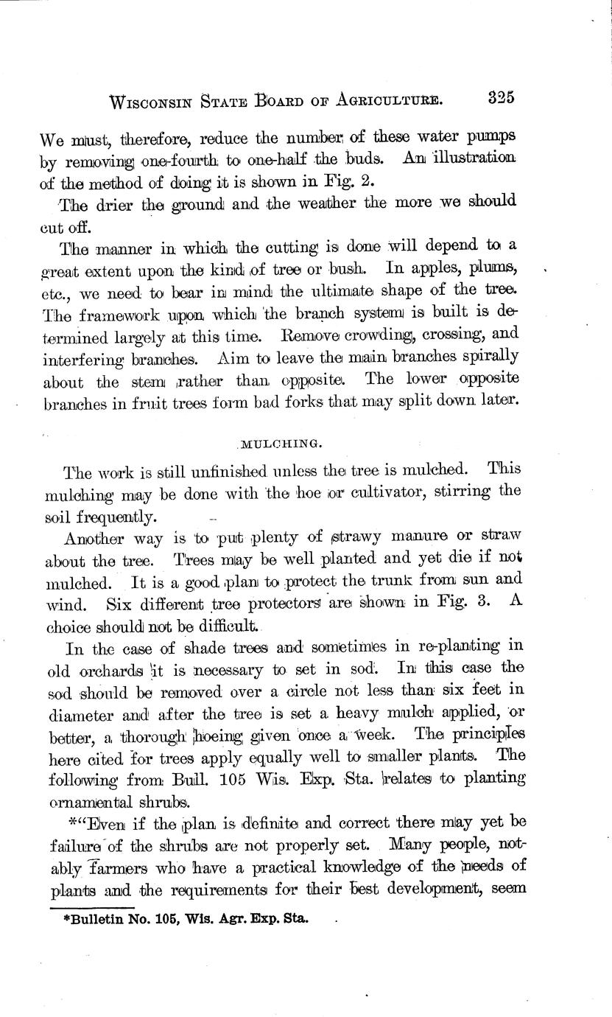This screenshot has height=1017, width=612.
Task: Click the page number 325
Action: point(500,98)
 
